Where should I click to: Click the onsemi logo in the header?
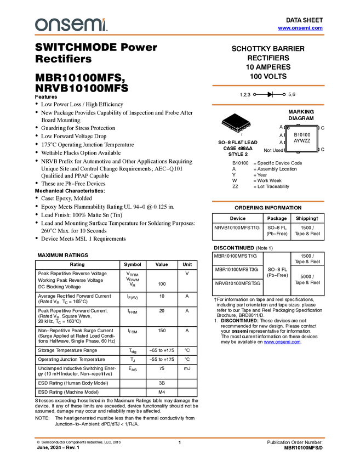(x=71, y=25)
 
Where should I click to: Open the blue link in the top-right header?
(x=300, y=28)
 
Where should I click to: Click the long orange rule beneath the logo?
(x=180, y=35)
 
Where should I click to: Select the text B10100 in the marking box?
(x=302, y=135)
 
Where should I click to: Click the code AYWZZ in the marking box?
(x=302, y=141)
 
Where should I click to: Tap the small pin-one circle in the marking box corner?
(x=288, y=128)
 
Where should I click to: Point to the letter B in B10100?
(x=295, y=135)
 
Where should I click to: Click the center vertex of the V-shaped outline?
(x=237, y=130)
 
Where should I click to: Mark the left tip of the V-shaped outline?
(x=221, y=120)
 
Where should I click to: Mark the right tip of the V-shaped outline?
(x=250, y=122)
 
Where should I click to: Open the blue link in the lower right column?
(x=282, y=343)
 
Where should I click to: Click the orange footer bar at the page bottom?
(x=180, y=437)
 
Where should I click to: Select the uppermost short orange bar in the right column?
(x=268, y=86)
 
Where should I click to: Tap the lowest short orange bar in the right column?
(x=268, y=202)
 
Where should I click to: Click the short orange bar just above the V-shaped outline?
(x=268, y=105)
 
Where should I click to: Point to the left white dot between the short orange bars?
(x=254, y=95)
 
